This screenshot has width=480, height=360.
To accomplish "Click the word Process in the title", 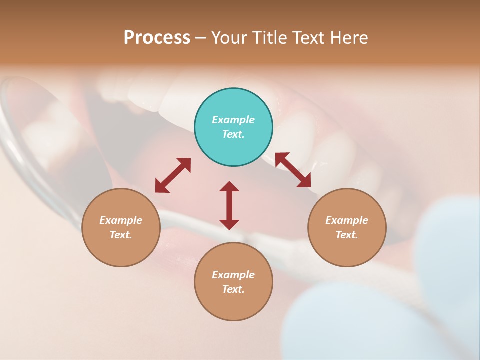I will click(x=157, y=38).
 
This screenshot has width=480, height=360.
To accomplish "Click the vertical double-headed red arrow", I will click(x=229, y=205).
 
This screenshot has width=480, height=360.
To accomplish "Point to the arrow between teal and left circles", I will click(x=173, y=175).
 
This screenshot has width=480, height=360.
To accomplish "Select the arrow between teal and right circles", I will click(x=293, y=170).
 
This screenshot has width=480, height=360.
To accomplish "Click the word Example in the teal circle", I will click(x=233, y=120).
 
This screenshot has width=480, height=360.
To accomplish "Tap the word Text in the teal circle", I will click(x=233, y=134).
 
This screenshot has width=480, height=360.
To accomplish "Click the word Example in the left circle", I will click(x=121, y=220).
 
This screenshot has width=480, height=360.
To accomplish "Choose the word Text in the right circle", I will click(x=347, y=235).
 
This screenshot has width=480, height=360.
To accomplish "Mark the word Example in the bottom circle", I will click(x=233, y=275).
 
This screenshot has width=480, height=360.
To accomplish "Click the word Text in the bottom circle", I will click(x=233, y=289).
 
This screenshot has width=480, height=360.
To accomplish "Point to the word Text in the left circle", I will click(x=121, y=235).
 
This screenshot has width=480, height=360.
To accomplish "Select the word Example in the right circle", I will click(x=347, y=220).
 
